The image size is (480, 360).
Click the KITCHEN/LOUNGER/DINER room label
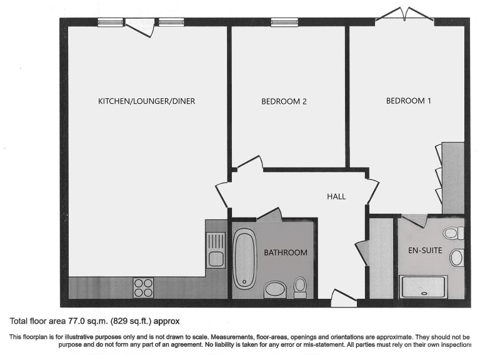pos(146,101)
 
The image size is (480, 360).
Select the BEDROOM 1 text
pos(408,101)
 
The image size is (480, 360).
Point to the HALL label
pos(336,196)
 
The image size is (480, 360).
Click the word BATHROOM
pos(285,252)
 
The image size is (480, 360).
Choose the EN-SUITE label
pos(426,251)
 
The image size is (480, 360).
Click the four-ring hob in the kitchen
pos(143,287)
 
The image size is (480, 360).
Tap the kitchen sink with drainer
pos(216,249)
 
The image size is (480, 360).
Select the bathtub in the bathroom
pos(244,258)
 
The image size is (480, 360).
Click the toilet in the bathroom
pos(301,286)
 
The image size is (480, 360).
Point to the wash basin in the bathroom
pos(274,289)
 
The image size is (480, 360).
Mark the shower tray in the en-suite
pos(424,287)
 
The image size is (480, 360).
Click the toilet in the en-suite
pos(452,234)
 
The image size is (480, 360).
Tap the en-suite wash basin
pos(457,257)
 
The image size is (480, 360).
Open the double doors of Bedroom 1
pos(405,16)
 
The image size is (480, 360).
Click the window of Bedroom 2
pos(284,22)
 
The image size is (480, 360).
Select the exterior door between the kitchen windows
pos(140,25)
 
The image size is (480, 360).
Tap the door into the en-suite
pos(414,221)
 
